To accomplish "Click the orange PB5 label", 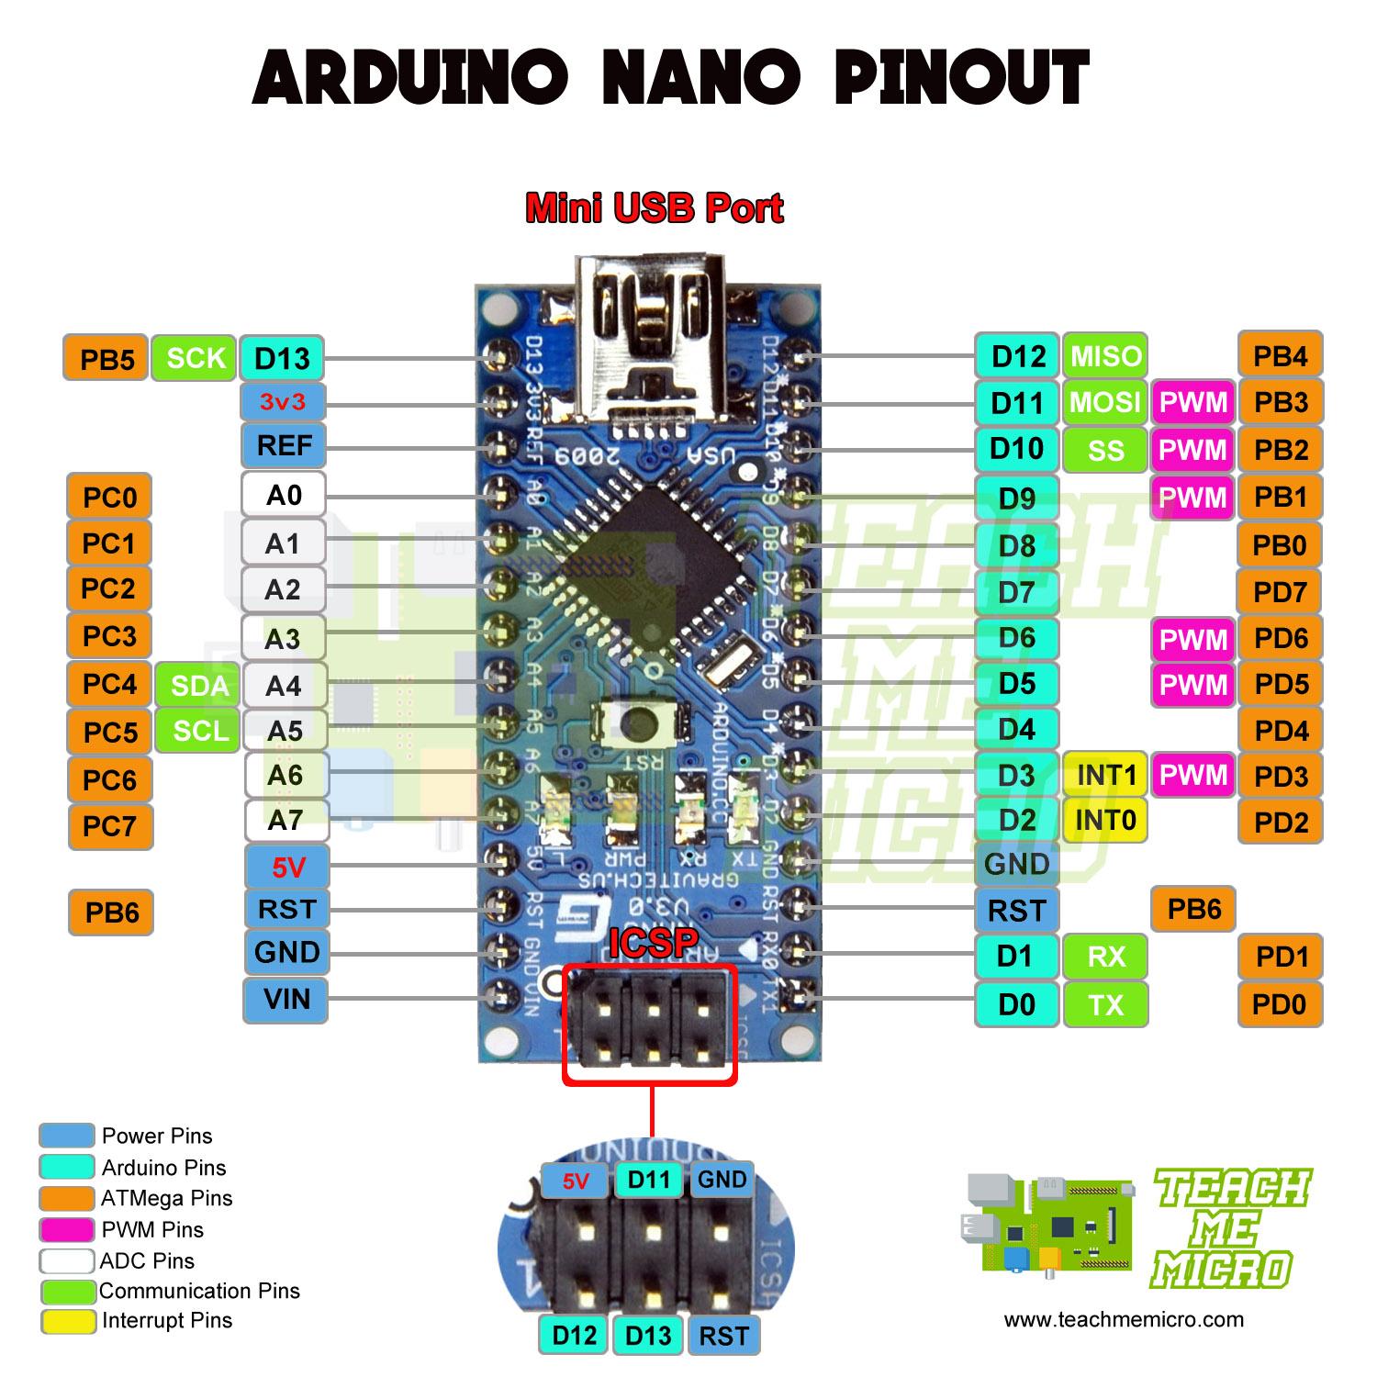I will pos(106,359).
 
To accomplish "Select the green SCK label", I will pos(196,358).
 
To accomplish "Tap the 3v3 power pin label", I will pos(283,402).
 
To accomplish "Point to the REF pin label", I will pos(284,446).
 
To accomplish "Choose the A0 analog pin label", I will pos(284,496).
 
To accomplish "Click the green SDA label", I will pos(199,686).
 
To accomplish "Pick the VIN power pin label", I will pos(285,1000).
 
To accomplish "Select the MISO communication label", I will pos(1105,356).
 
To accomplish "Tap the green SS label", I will pos(1105,450).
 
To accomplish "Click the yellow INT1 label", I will pos(1105,776).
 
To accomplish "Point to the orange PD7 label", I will pos(1280,592).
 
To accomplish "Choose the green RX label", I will pos(1105,957).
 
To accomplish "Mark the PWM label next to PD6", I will pos(1192,639).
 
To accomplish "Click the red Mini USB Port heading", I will pos(654,209).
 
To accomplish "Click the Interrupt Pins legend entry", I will pos(166,1321).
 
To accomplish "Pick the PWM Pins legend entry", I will pos(151,1230).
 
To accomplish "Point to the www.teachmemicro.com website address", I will pos(1124,1320).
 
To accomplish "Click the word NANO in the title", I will pos(700,78).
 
